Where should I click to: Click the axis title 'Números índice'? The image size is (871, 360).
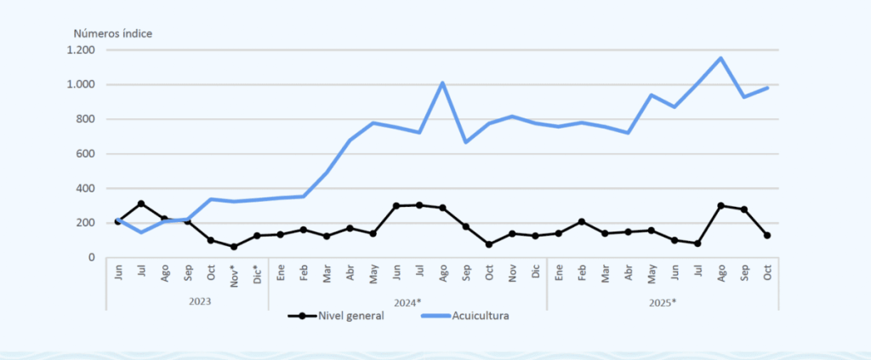tap(112, 33)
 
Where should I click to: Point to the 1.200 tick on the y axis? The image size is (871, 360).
tap(82, 50)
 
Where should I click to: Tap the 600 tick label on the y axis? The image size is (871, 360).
tap(85, 154)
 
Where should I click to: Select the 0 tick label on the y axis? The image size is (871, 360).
tap(91, 257)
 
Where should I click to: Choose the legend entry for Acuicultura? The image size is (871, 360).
tap(476, 316)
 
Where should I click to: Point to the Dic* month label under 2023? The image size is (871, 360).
tap(257, 275)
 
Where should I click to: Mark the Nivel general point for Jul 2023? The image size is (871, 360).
tap(141, 203)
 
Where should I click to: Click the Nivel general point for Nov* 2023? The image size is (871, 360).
tap(234, 247)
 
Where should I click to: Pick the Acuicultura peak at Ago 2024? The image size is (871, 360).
tap(442, 83)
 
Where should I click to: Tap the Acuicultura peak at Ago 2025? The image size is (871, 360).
tap(720, 58)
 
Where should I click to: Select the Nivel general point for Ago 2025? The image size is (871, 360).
tap(720, 205)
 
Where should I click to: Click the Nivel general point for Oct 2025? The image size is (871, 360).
tap(766, 235)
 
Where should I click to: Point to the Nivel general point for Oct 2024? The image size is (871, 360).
tap(489, 244)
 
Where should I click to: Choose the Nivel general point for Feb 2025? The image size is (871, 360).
tap(582, 221)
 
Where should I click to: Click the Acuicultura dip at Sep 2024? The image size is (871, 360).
tap(466, 142)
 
